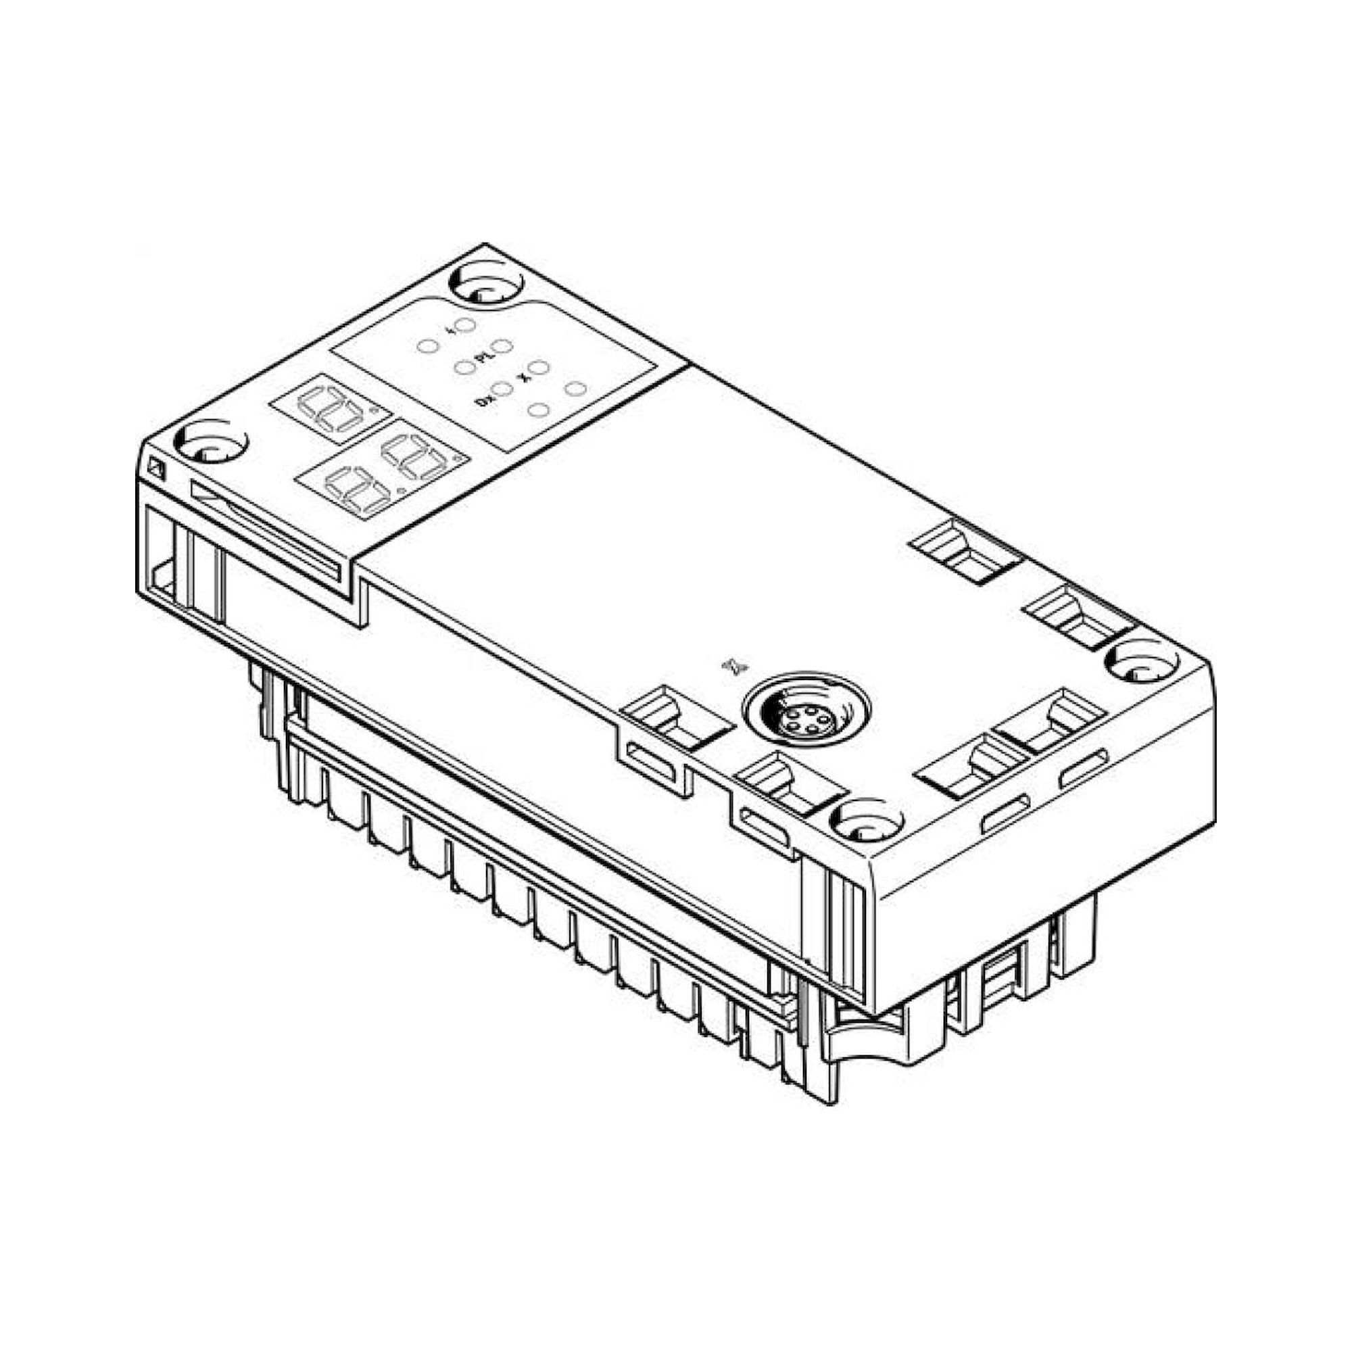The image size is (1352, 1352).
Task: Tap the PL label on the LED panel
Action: (x=481, y=358)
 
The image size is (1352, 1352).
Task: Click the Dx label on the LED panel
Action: (x=481, y=401)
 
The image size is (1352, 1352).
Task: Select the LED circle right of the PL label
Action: (x=503, y=345)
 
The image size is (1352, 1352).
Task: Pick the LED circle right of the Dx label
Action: (x=502, y=389)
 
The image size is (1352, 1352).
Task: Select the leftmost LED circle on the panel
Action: (x=428, y=345)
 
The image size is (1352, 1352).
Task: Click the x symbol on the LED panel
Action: (x=521, y=377)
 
